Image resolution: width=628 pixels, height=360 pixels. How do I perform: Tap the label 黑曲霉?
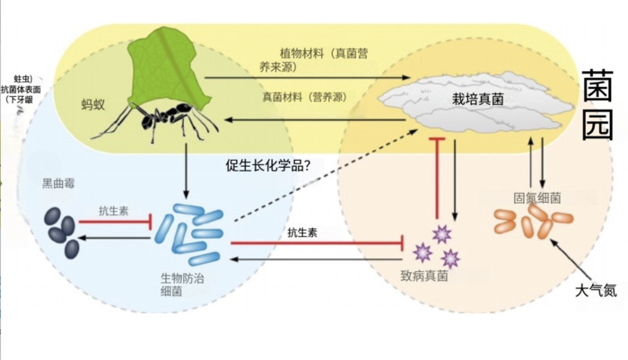coord(60,183)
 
